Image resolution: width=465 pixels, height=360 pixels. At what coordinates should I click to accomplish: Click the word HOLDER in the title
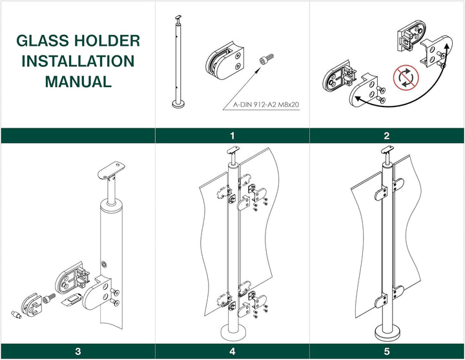[x=107, y=41]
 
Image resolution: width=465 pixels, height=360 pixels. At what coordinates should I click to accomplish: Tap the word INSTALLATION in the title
[x=77, y=61]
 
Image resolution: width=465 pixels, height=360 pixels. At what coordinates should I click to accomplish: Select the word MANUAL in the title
[x=77, y=82]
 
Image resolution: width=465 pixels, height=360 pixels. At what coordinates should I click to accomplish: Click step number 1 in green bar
[x=232, y=135]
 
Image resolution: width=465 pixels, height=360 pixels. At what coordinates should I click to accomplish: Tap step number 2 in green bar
[x=387, y=135]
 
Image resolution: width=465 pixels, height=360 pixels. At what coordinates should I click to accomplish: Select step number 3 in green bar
[x=77, y=352]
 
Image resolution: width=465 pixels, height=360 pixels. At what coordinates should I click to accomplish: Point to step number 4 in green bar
[x=232, y=352]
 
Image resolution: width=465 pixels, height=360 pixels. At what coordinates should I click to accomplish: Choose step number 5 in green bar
[x=387, y=352]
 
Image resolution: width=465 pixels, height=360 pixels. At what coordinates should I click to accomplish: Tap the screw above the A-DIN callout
[x=266, y=60]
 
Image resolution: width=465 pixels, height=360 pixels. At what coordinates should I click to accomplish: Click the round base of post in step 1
[x=178, y=103]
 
